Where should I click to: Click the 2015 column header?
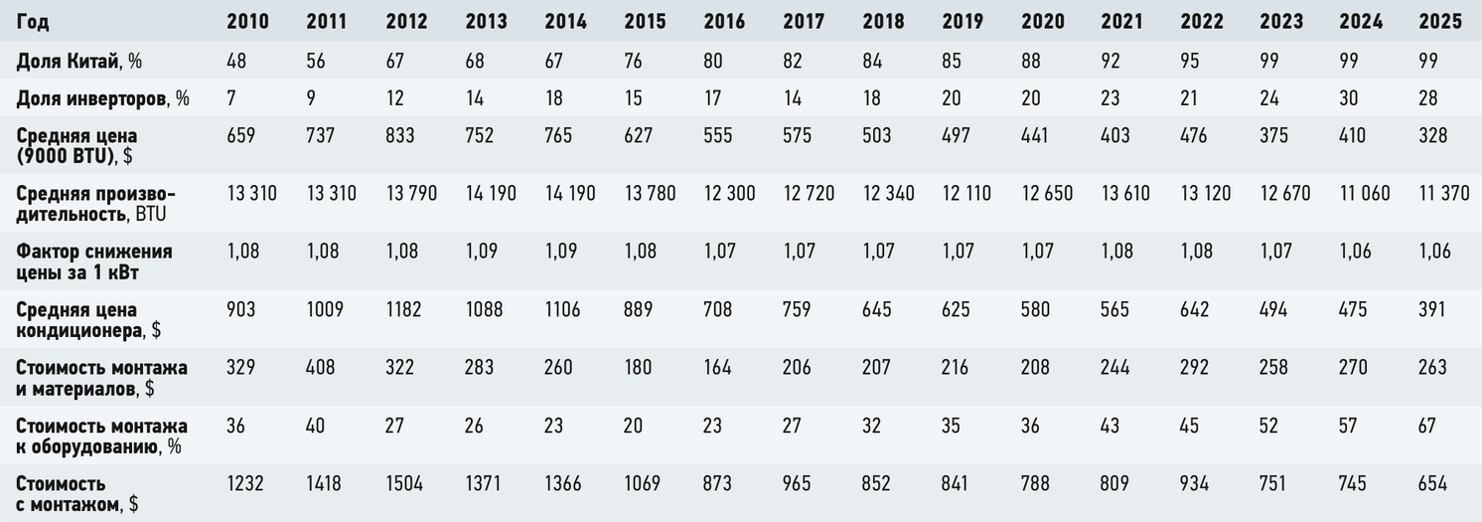(x=645, y=22)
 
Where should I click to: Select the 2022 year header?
(x=1202, y=22)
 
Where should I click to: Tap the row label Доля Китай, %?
(x=78, y=61)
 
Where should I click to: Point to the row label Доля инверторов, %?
(x=102, y=98)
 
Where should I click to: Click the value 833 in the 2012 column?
(x=400, y=136)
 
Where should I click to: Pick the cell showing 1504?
(x=404, y=483)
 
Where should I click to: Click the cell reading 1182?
(x=403, y=309)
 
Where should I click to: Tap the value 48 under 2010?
(x=236, y=61)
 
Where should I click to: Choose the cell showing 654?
(x=1433, y=483)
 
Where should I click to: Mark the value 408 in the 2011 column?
(x=321, y=368)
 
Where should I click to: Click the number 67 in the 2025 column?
(x=1427, y=426)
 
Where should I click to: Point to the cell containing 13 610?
(x=1125, y=194)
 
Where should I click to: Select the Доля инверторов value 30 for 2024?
(x=1349, y=98)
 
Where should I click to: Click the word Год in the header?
(x=33, y=22)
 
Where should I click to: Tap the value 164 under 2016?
(x=717, y=368)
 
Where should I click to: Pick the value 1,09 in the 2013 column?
(x=481, y=252)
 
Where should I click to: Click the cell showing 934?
(x=1194, y=483)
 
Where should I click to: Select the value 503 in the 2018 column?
(x=877, y=136)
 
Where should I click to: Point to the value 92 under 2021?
(x=1111, y=61)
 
